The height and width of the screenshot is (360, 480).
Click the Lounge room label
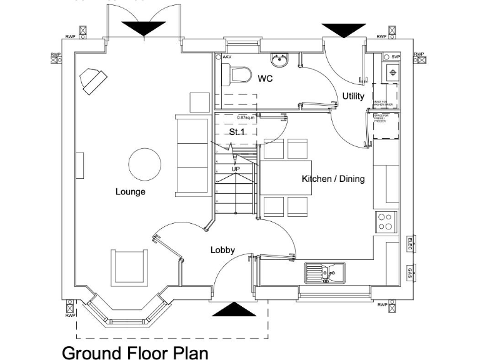pos(130,192)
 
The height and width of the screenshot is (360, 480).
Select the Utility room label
pos(352,96)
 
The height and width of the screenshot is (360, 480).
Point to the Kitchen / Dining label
pos(333,179)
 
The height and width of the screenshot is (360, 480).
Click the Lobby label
pos(222,250)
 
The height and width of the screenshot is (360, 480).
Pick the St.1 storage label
pos(236,132)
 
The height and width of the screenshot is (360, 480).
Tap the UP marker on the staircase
pos(236,169)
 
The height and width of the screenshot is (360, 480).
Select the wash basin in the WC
pos(279,60)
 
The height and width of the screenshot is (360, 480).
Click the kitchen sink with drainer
pos(325,272)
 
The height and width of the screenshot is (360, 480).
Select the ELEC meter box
pos(411,244)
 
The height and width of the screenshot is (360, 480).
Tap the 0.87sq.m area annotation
pos(246,117)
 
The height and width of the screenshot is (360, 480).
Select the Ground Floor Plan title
pos(134,352)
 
